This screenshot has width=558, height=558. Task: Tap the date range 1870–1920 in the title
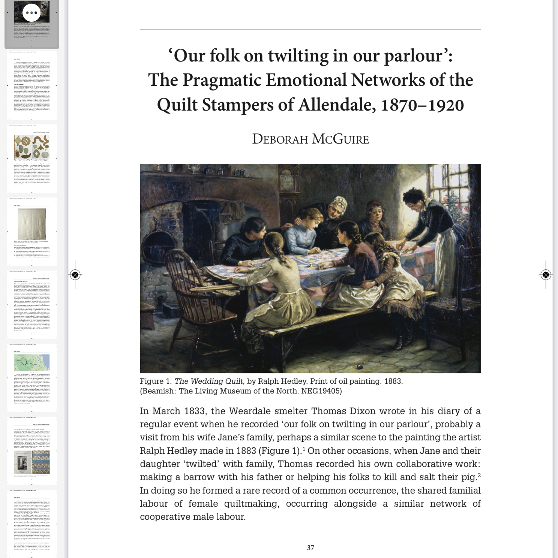click(x=422, y=105)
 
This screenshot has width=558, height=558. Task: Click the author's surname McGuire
click(x=340, y=139)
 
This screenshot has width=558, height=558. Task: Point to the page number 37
click(x=310, y=548)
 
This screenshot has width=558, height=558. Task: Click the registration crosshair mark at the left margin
click(x=75, y=275)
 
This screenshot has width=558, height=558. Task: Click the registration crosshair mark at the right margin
click(x=546, y=275)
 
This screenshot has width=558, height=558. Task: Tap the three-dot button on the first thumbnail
click(x=31, y=13)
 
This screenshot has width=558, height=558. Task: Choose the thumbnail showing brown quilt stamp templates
click(x=32, y=158)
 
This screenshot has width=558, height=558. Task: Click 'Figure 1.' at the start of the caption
click(x=156, y=381)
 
